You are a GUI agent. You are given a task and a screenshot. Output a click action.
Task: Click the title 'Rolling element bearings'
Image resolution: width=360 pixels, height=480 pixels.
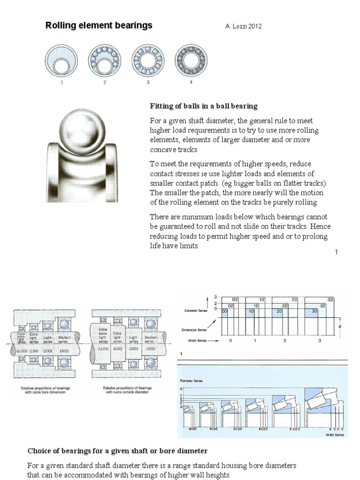(98, 26)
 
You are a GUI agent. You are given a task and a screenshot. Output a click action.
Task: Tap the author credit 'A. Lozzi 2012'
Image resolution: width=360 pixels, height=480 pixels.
(243, 27)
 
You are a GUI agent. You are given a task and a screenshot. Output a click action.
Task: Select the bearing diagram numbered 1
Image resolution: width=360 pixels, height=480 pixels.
(61, 61)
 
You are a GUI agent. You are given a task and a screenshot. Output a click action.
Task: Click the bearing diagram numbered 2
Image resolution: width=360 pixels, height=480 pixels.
(105, 61)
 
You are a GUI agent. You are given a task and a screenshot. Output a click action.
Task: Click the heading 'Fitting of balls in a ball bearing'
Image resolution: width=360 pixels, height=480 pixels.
(203, 106)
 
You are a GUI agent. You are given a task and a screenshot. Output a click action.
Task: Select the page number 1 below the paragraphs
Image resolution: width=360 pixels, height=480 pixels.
(336, 252)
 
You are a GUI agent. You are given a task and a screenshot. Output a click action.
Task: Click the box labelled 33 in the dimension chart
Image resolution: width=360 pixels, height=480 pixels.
(330, 299)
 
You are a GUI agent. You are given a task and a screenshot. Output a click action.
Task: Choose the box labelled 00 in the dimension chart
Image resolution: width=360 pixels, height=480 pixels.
(225, 311)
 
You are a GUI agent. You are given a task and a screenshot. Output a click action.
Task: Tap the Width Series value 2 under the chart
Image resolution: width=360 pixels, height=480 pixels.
(285, 341)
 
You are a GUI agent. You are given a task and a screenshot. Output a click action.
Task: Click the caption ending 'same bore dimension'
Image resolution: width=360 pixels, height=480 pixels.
(43, 390)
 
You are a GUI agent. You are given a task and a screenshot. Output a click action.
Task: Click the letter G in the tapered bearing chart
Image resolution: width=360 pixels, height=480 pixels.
(181, 389)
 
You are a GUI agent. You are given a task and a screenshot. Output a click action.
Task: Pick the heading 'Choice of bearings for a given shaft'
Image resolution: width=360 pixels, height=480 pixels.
(117, 451)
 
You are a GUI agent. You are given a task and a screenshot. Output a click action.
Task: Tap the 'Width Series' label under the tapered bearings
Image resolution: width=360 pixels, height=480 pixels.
(334, 435)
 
